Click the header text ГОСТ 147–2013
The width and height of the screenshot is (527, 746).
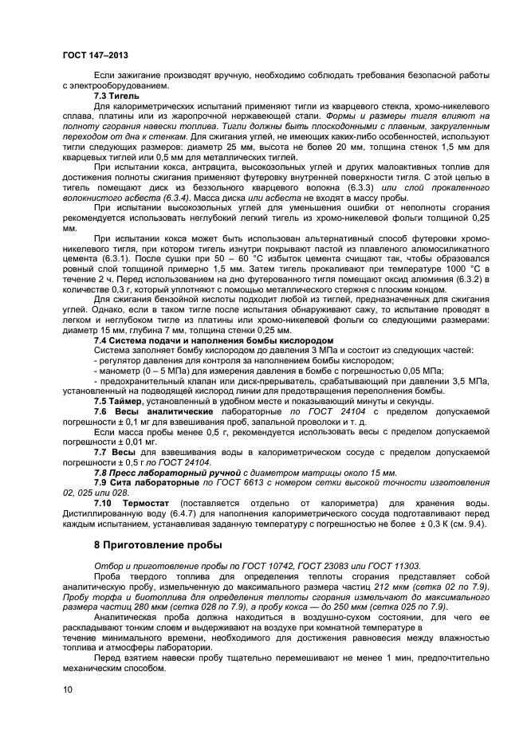tap(91, 54)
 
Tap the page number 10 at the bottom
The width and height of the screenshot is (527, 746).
tap(66, 690)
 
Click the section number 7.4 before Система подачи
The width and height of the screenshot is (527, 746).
tap(102, 341)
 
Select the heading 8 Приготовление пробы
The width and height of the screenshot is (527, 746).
tap(158, 545)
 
